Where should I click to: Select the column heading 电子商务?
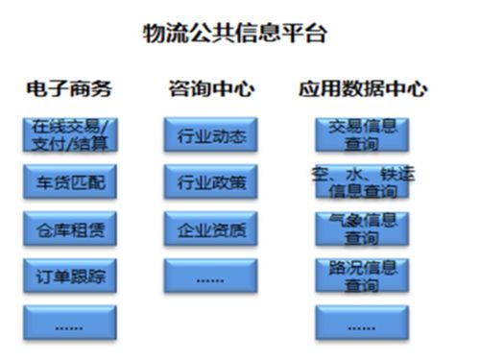pos(69,89)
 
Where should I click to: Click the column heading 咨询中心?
pos(211,89)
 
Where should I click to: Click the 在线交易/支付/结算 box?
pos(70,134)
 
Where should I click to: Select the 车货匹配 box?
pos(70,180)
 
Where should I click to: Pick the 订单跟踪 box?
pos(70,276)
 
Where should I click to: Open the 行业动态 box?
pos(211,135)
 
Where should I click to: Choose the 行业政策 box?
pos(211,181)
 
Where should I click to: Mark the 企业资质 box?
pos(211,229)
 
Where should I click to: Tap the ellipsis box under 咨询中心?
pos(211,276)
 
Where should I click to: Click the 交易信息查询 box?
pos(362,134)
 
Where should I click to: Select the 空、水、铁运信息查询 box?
pos(362,181)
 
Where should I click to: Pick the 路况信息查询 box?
pos(362,276)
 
